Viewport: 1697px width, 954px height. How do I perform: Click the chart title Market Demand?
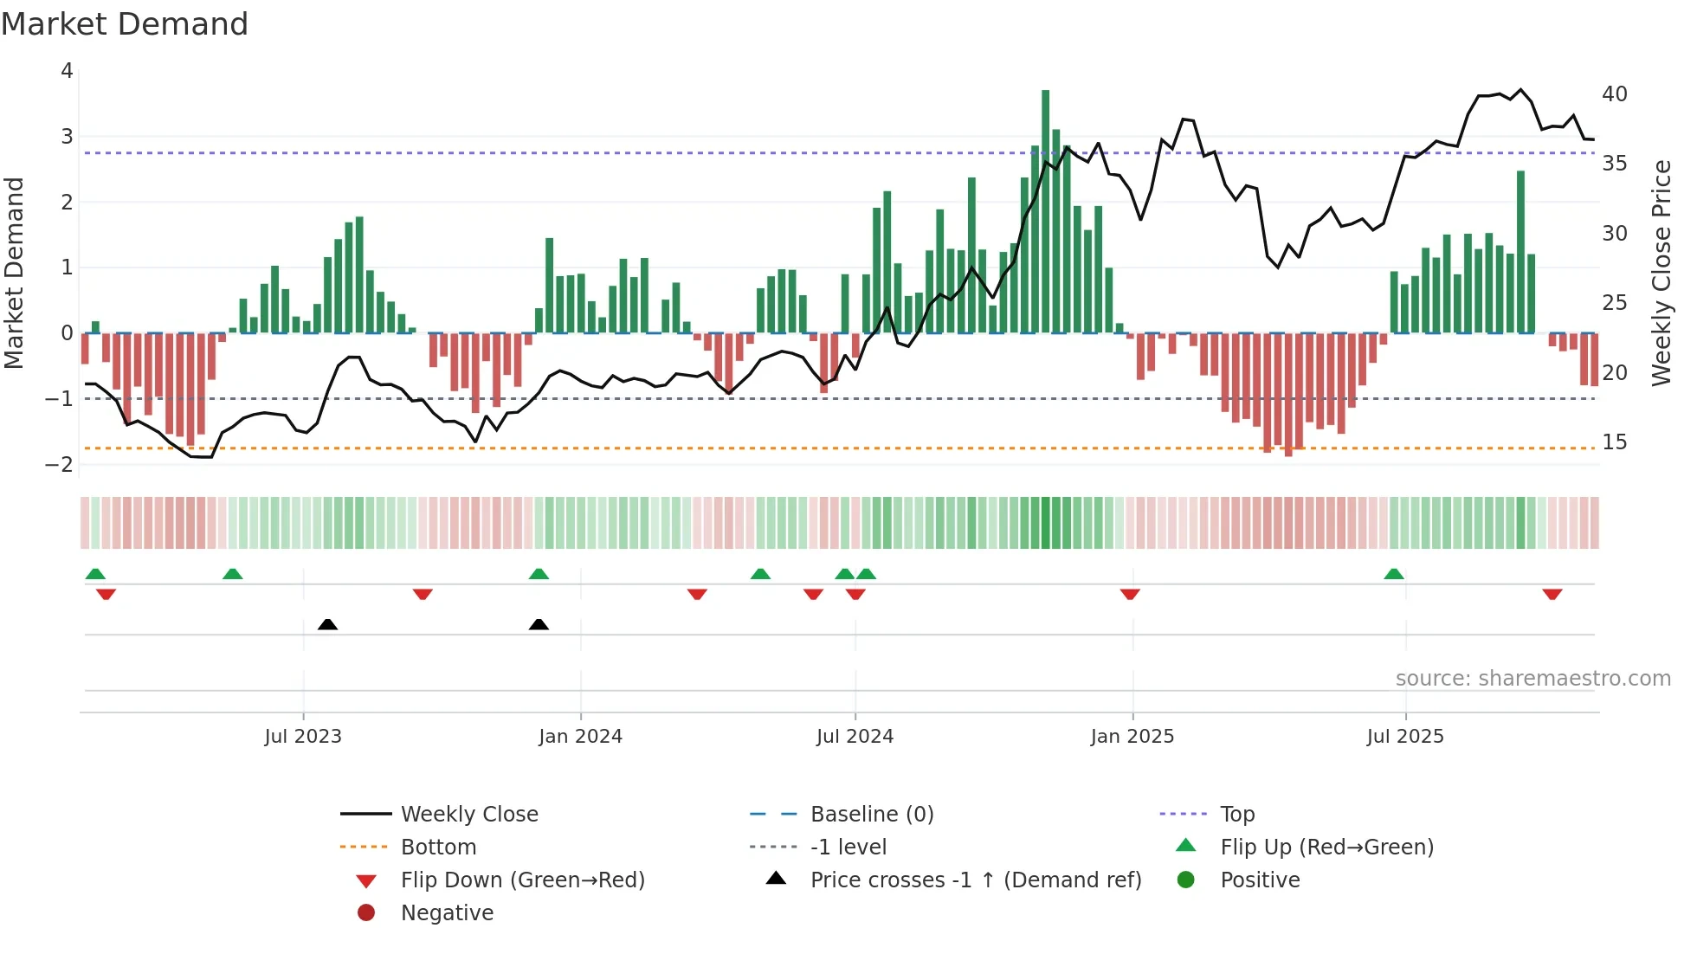(125, 24)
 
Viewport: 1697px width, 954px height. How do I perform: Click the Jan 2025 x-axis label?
(1132, 737)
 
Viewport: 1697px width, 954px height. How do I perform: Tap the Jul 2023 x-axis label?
(303, 737)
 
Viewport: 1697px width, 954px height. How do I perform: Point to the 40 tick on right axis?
(1614, 93)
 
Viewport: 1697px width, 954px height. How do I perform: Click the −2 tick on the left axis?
(60, 464)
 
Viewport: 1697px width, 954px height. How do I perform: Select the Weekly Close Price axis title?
(1662, 273)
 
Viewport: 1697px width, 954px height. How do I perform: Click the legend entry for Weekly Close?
(468, 815)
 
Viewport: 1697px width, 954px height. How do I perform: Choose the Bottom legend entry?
(438, 848)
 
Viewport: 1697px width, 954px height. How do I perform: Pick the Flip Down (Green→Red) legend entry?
(522, 880)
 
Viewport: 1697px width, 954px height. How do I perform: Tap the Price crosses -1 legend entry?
(975, 880)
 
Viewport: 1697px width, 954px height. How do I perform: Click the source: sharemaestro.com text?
(1532, 679)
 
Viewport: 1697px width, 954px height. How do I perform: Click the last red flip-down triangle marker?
(1552, 594)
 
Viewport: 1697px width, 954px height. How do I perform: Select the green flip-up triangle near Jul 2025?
(1393, 574)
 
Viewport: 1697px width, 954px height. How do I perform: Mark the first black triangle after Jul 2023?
(327, 624)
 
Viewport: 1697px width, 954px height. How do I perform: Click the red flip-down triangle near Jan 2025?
(1130, 594)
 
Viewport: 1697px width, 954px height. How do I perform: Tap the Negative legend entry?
(447, 913)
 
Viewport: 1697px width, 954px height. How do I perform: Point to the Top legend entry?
(1236, 815)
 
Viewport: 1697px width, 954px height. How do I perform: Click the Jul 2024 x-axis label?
(855, 737)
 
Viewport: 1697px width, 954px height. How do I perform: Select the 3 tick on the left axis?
(67, 136)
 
